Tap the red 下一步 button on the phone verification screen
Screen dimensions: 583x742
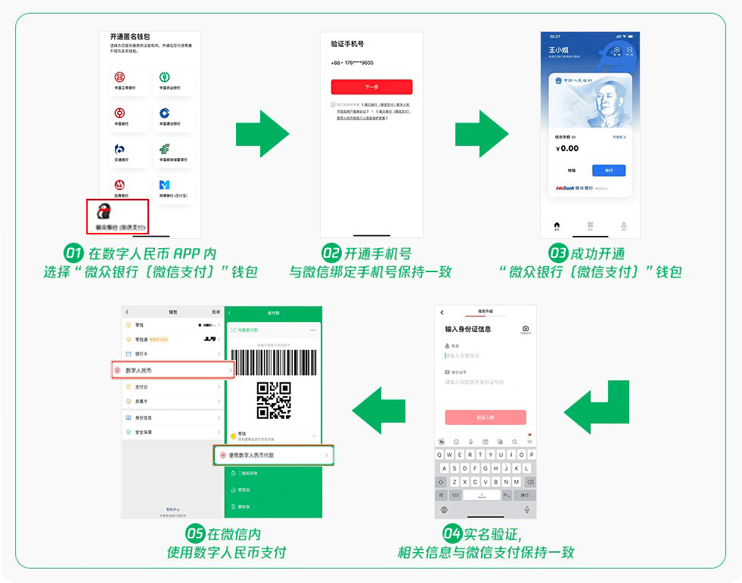click(371, 87)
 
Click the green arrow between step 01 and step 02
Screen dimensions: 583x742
click(262, 133)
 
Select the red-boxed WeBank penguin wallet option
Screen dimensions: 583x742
click(117, 216)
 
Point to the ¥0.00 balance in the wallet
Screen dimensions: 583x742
click(568, 148)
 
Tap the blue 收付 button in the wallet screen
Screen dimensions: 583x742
click(609, 170)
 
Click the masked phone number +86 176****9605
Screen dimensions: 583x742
click(352, 63)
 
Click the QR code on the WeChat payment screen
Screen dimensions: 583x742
click(274, 400)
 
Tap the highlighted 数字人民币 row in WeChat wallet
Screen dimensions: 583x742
click(173, 370)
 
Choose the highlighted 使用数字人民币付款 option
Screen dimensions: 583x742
click(273, 455)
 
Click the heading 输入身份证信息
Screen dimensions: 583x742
click(468, 329)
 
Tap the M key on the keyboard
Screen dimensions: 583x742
click(516, 482)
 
